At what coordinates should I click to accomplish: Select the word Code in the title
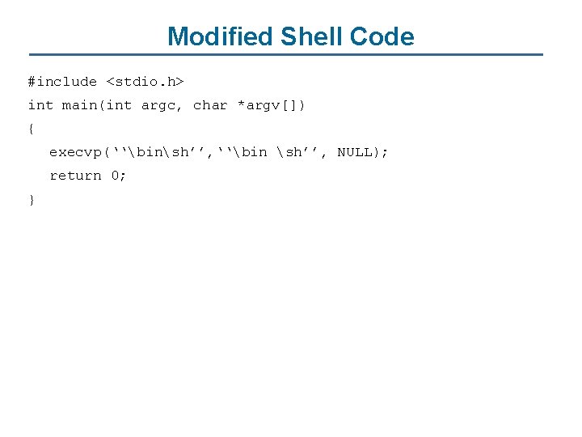[x=382, y=36]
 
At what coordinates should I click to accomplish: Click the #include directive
[x=62, y=82]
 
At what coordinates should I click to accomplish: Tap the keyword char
[x=210, y=105]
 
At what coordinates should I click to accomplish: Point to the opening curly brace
[x=32, y=129]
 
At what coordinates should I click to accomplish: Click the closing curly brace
[x=32, y=199]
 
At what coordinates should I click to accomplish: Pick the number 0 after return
[x=115, y=176]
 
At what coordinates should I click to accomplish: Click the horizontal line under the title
[x=291, y=55]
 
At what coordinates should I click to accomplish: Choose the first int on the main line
[x=40, y=105]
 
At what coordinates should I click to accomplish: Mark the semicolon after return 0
[x=124, y=176]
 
